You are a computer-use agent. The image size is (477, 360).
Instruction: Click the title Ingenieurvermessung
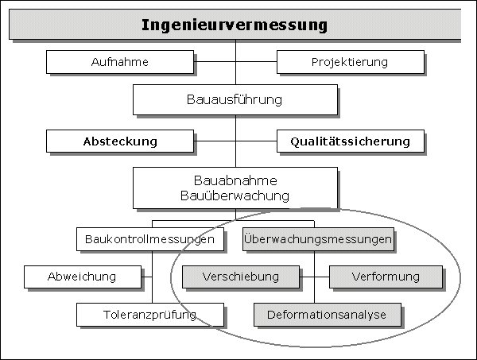click(235, 25)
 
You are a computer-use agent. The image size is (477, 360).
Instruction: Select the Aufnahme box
click(120, 62)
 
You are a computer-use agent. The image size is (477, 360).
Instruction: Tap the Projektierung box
click(351, 62)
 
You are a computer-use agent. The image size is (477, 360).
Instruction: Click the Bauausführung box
click(235, 99)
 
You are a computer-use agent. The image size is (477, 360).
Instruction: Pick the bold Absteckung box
click(120, 141)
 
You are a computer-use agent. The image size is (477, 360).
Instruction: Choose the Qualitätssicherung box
click(351, 141)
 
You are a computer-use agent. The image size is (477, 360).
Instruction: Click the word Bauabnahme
click(235, 180)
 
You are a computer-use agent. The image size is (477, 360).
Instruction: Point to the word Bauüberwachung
click(235, 195)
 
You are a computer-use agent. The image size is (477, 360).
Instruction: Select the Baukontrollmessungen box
click(150, 239)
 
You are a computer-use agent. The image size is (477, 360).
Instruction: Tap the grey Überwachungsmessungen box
click(318, 239)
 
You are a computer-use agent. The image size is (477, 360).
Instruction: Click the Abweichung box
click(83, 277)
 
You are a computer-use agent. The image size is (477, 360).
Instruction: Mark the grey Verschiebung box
click(241, 277)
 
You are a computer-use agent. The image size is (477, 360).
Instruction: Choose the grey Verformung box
click(386, 277)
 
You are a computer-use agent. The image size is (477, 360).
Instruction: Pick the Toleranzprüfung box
click(150, 315)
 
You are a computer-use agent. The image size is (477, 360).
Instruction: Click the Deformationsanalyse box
click(328, 315)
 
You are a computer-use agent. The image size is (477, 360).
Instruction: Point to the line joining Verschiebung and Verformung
click(314, 277)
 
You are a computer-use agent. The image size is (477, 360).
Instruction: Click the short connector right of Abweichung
click(146, 277)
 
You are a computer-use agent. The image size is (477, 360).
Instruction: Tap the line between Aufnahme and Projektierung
click(235, 62)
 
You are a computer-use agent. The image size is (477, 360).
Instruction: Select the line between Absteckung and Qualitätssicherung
click(235, 141)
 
